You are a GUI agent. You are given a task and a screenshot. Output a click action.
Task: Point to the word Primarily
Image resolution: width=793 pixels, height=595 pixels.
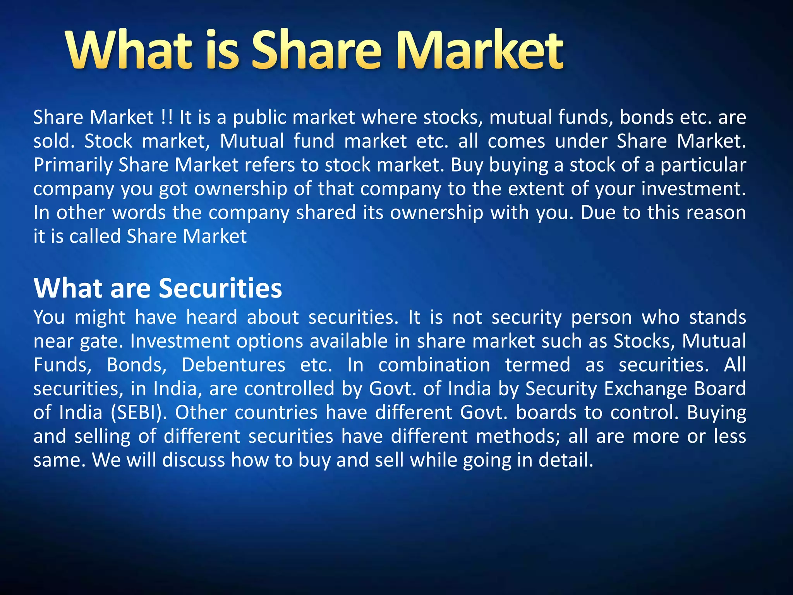(x=72, y=165)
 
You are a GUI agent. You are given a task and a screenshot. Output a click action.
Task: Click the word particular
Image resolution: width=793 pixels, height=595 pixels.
(x=703, y=165)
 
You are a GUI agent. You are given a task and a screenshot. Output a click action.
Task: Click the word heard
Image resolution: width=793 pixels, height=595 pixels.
(x=211, y=317)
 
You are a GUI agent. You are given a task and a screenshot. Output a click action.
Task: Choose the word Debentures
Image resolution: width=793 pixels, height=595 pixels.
(x=233, y=365)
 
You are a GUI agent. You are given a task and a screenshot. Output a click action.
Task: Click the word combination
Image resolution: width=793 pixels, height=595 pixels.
(x=434, y=365)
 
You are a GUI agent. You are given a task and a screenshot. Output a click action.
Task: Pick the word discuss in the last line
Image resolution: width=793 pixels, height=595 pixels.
(x=194, y=460)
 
